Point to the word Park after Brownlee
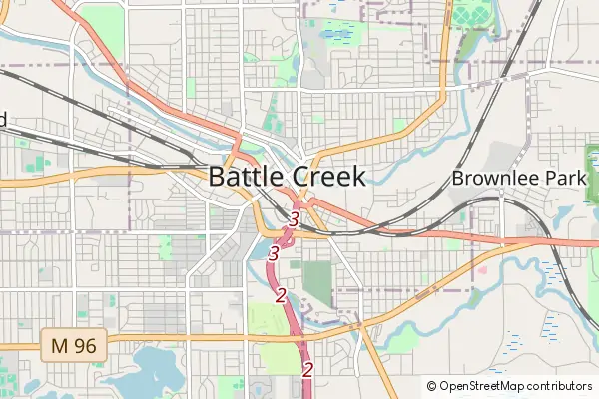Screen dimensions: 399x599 (563, 179)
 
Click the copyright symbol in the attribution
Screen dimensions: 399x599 (432, 385)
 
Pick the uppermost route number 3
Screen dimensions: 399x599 (295, 217)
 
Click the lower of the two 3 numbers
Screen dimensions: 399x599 (273, 255)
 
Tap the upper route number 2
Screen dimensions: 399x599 (281, 295)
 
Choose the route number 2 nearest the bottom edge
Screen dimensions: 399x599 (307, 370)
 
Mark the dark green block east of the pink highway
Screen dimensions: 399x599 (317, 282)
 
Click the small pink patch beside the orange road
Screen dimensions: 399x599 (483, 269)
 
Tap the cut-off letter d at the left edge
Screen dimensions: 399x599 (3, 120)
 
